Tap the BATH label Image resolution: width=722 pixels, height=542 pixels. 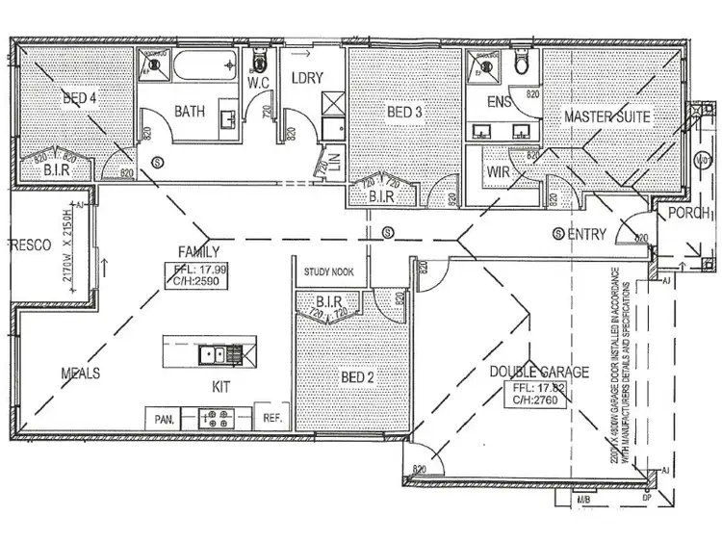pyautogui.click(x=190, y=112)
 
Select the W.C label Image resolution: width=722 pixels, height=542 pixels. pyautogui.click(x=257, y=82)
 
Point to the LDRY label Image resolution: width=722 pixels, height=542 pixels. pyautogui.click(x=306, y=78)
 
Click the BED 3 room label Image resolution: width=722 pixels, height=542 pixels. pyautogui.click(x=404, y=113)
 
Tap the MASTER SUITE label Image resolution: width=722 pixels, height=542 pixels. pyautogui.click(x=607, y=116)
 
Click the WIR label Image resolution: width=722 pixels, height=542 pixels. pyautogui.click(x=498, y=171)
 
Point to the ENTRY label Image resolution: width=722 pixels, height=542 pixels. pyautogui.click(x=586, y=234)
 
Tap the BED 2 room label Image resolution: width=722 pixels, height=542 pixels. pyautogui.click(x=356, y=376)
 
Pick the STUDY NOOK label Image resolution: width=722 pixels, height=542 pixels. pyautogui.click(x=329, y=272)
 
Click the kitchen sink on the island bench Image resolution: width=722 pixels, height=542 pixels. pyautogui.click(x=215, y=355)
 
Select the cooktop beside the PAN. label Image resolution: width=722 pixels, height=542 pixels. pyautogui.click(x=217, y=418)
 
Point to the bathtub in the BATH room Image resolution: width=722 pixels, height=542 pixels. pyautogui.click(x=202, y=67)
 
